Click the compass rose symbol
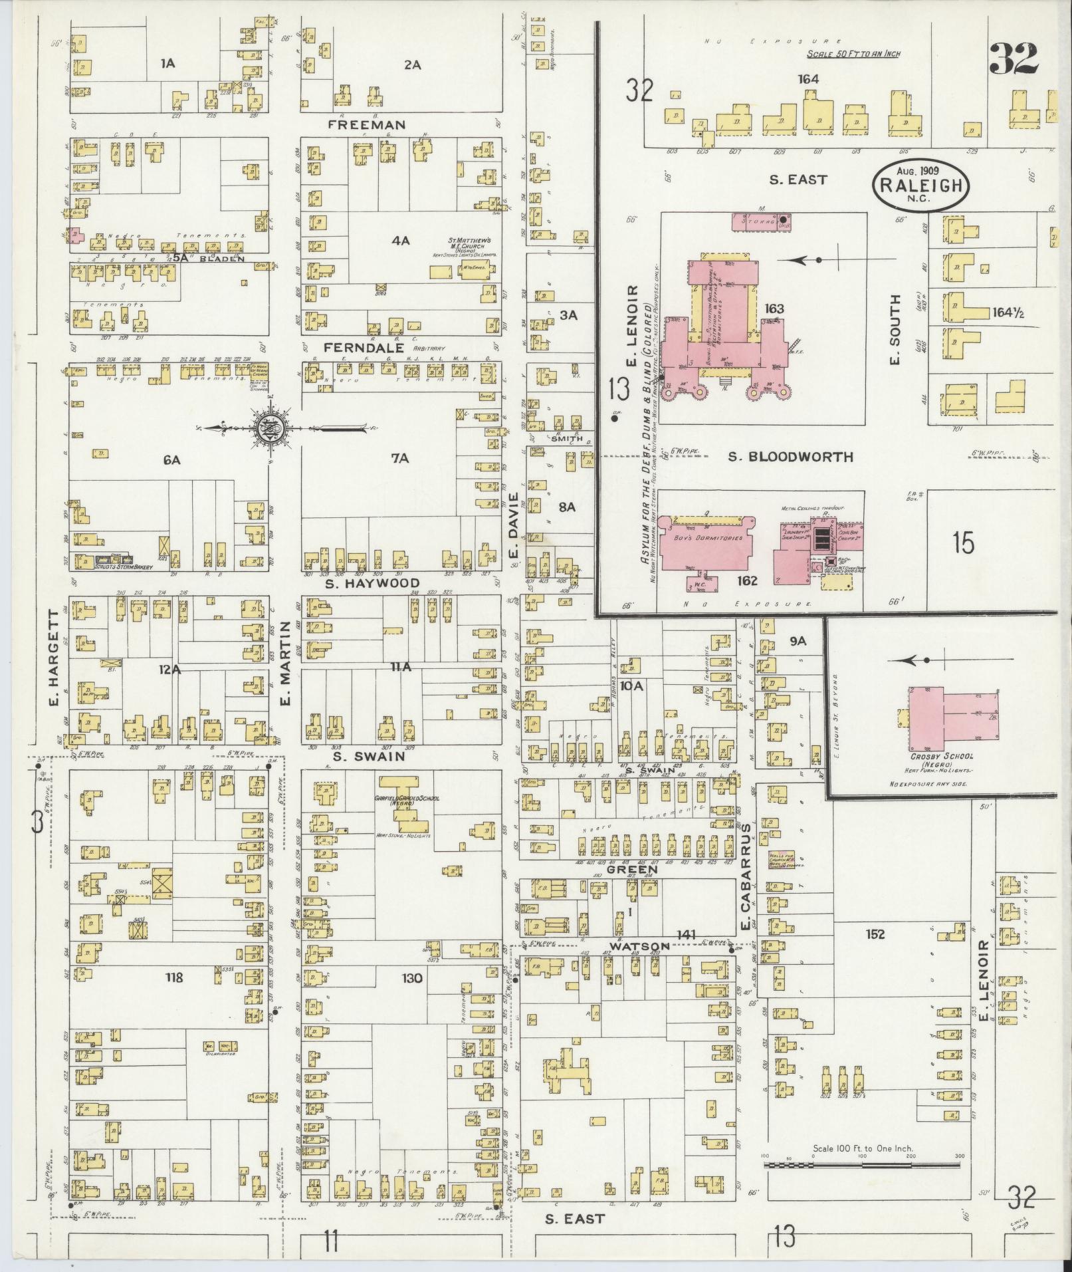click(271, 428)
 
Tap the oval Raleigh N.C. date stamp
click(920, 183)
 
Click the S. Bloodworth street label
click(790, 457)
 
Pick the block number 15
click(962, 543)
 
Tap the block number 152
click(875, 934)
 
